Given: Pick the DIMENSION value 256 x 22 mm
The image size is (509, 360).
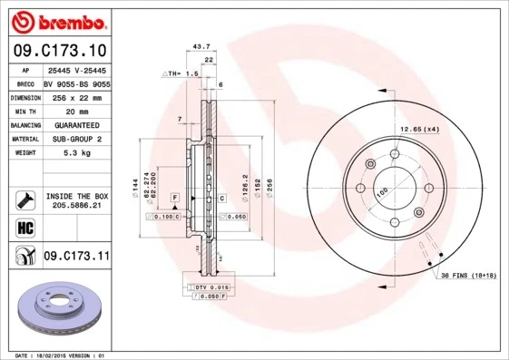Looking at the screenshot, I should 76,96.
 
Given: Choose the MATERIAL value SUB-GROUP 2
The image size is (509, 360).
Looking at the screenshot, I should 76,140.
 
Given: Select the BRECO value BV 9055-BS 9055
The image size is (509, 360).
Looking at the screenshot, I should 76,82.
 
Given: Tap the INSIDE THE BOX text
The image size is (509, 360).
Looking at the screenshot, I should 76,196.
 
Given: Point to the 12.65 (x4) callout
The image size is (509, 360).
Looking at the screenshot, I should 421,130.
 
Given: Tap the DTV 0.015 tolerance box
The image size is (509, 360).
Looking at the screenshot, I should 209,287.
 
